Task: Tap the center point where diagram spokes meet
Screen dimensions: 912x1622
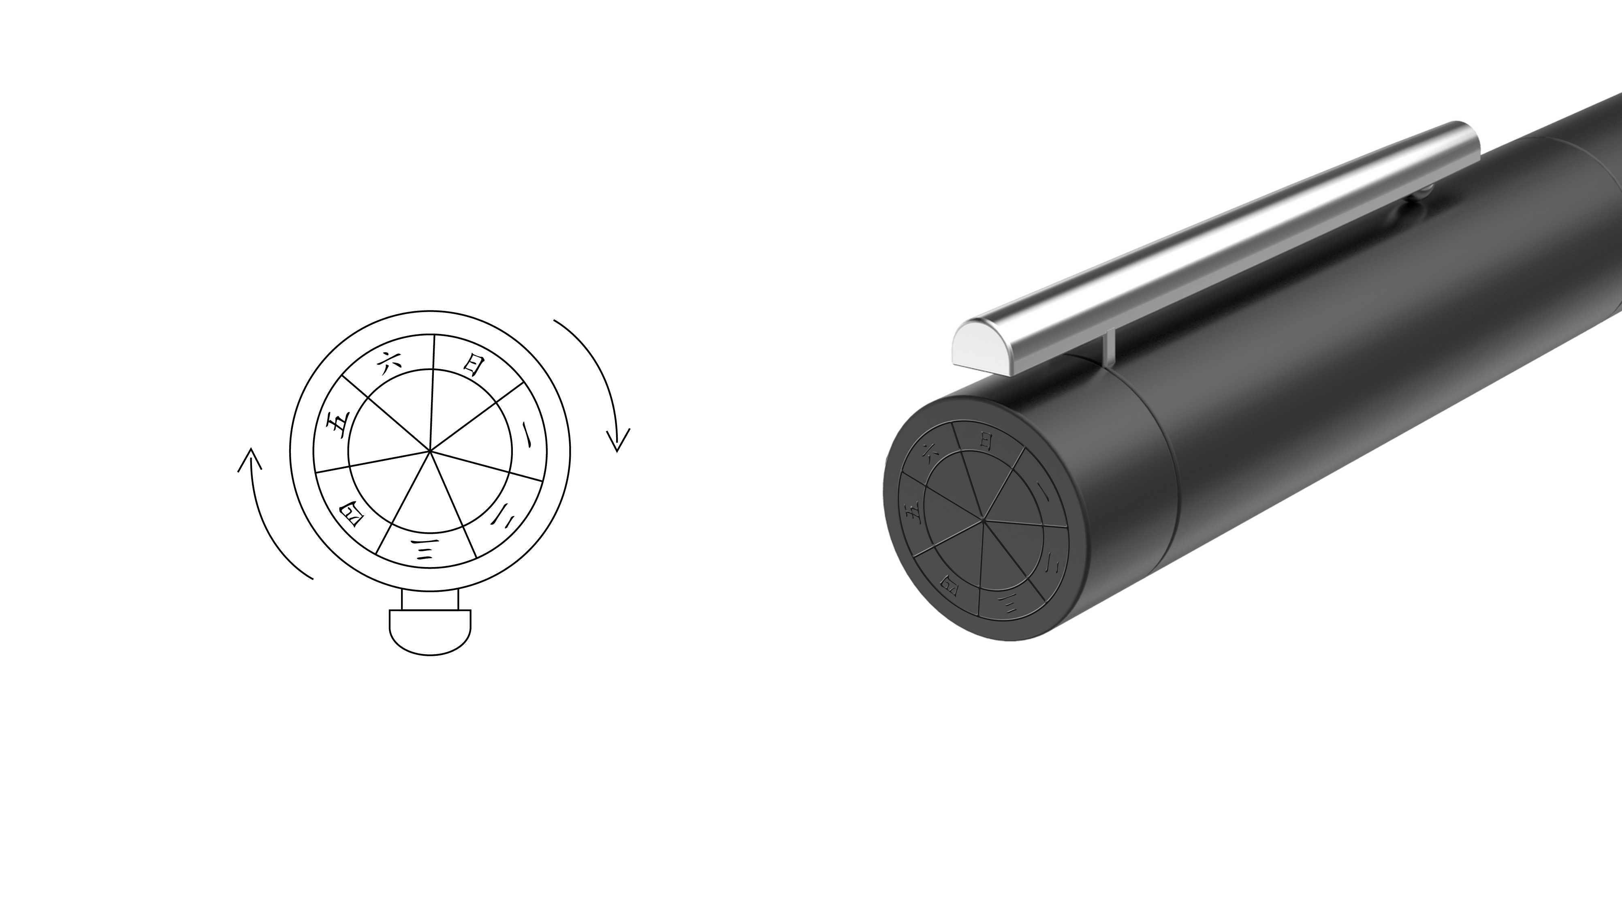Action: tap(430, 451)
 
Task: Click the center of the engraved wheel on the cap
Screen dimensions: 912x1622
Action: tap(982, 520)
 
